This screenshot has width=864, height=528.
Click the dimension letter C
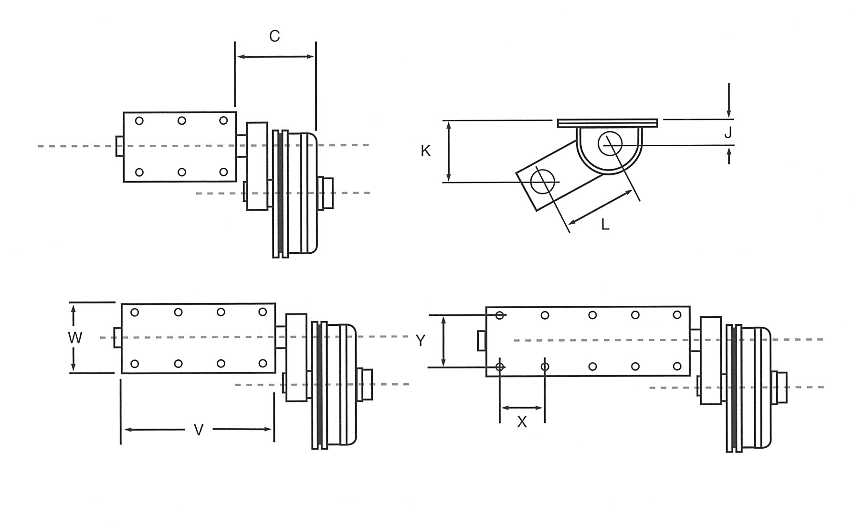pos(274,36)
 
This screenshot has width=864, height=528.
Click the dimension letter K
pos(425,151)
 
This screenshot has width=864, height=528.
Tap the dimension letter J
pos(728,133)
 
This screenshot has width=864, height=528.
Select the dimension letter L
pos(605,225)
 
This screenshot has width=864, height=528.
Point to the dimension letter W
pos(75,338)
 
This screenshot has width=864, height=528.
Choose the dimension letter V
pos(199,430)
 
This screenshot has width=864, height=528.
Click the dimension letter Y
pos(421,341)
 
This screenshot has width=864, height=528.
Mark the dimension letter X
pos(522,422)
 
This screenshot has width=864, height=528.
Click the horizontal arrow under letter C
pos(275,57)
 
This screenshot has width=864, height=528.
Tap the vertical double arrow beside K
pos(448,151)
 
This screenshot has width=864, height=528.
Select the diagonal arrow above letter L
pos(601,207)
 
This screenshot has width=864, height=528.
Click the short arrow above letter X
pos(522,408)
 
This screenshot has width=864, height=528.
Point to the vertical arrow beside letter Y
pos(444,341)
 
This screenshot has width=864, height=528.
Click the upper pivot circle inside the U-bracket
pos(610,143)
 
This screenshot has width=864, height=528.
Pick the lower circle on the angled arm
pos(543,182)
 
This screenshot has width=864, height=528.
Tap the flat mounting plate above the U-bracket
pos(607,123)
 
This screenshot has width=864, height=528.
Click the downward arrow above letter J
pos(729,100)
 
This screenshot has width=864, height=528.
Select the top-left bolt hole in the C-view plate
pos(139,121)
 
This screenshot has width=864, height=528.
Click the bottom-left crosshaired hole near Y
pos(500,367)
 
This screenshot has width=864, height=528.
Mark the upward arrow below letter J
pos(729,156)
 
